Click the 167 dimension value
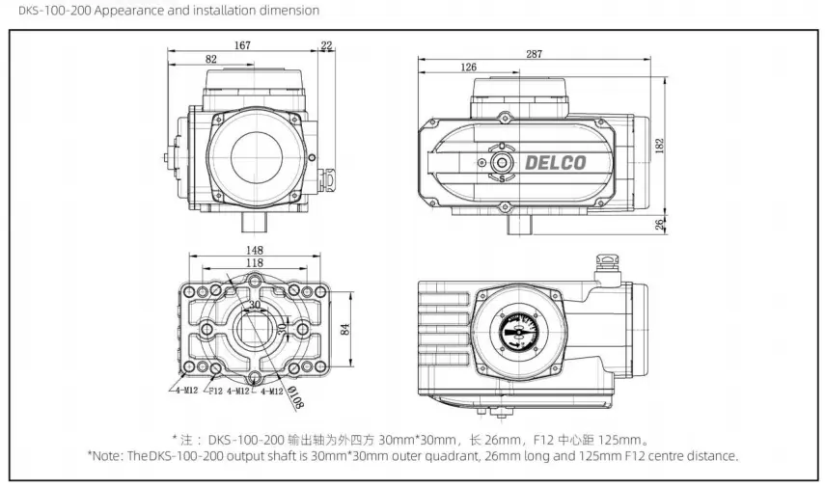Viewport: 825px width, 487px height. tap(242, 45)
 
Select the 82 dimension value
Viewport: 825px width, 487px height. tap(210, 60)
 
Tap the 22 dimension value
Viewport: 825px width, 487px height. tap(325, 45)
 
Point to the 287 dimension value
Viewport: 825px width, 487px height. tap(534, 54)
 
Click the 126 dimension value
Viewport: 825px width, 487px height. tap(468, 68)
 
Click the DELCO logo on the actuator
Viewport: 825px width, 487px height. tap(555, 162)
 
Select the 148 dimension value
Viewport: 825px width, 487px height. tap(254, 251)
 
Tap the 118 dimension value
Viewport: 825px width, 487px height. tap(254, 263)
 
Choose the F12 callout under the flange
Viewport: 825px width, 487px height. tap(216, 391)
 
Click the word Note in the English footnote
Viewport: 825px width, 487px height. tap(107, 455)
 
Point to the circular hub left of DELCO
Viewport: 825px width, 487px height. tap(501, 162)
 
